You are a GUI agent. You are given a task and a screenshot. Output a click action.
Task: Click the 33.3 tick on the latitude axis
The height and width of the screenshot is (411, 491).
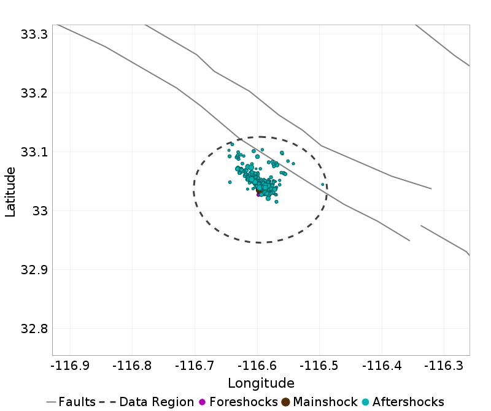pos(34,34)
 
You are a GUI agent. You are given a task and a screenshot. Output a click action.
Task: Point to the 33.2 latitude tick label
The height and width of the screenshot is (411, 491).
pos(34,93)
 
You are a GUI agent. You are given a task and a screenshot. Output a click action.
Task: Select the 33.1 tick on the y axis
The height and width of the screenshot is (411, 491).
pos(34,152)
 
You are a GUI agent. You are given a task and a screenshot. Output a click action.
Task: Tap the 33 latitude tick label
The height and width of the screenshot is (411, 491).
pos(39,211)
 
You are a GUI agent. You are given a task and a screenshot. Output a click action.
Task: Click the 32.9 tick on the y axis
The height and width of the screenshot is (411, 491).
pos(34,270)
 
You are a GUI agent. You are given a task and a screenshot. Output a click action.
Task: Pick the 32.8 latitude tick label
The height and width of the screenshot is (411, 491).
pos(34,329)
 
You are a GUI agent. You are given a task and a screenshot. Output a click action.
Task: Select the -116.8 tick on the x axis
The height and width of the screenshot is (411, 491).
pos(133,366)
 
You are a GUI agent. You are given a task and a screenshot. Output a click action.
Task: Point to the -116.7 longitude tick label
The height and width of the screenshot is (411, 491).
pos(195,366)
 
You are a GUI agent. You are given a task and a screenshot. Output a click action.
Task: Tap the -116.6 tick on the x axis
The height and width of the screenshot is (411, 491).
pos(257,366)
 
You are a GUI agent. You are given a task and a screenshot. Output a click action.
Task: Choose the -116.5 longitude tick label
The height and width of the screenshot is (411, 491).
pos(320,366)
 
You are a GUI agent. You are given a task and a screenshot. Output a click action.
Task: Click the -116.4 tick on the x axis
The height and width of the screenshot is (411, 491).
pos(382,366)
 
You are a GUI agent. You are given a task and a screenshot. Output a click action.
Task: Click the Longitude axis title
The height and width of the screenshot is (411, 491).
pos(261,383)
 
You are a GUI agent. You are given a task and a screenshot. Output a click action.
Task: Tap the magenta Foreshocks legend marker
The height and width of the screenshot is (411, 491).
pos(202,402)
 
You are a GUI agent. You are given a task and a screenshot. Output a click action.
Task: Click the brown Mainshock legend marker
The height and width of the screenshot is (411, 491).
pos(285,402)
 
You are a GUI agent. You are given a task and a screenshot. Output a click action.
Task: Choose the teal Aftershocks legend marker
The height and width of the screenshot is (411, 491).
pos(365,402)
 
